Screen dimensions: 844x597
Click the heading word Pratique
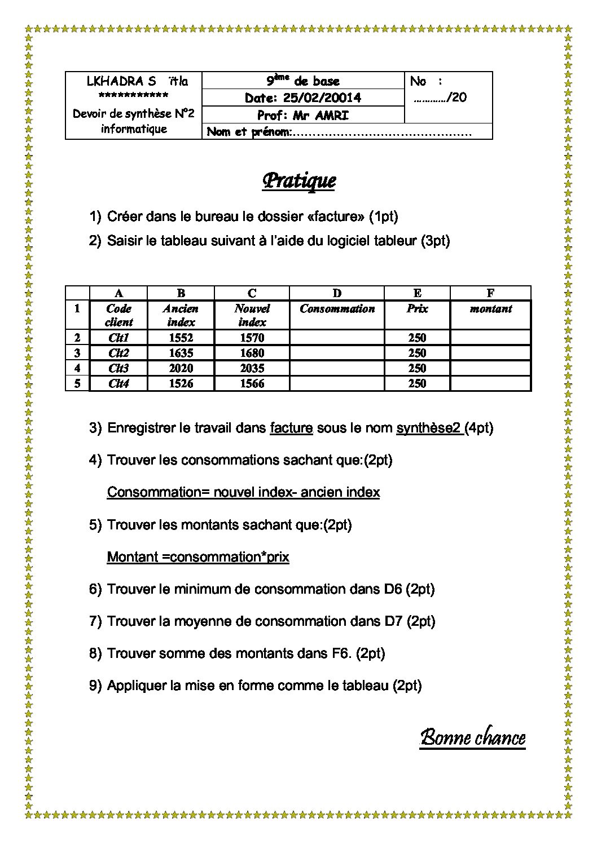299,181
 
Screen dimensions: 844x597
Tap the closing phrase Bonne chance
473,738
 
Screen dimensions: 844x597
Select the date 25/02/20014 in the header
322,98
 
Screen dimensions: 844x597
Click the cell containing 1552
181,338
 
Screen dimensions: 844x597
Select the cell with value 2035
252,368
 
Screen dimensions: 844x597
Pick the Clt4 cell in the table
118,383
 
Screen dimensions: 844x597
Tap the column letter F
490,293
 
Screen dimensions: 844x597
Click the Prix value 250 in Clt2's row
417,353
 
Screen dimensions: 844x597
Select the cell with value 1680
252,353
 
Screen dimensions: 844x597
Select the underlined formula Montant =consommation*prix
198,557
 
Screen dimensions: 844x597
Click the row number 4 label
77,368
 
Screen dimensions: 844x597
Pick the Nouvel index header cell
252,315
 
